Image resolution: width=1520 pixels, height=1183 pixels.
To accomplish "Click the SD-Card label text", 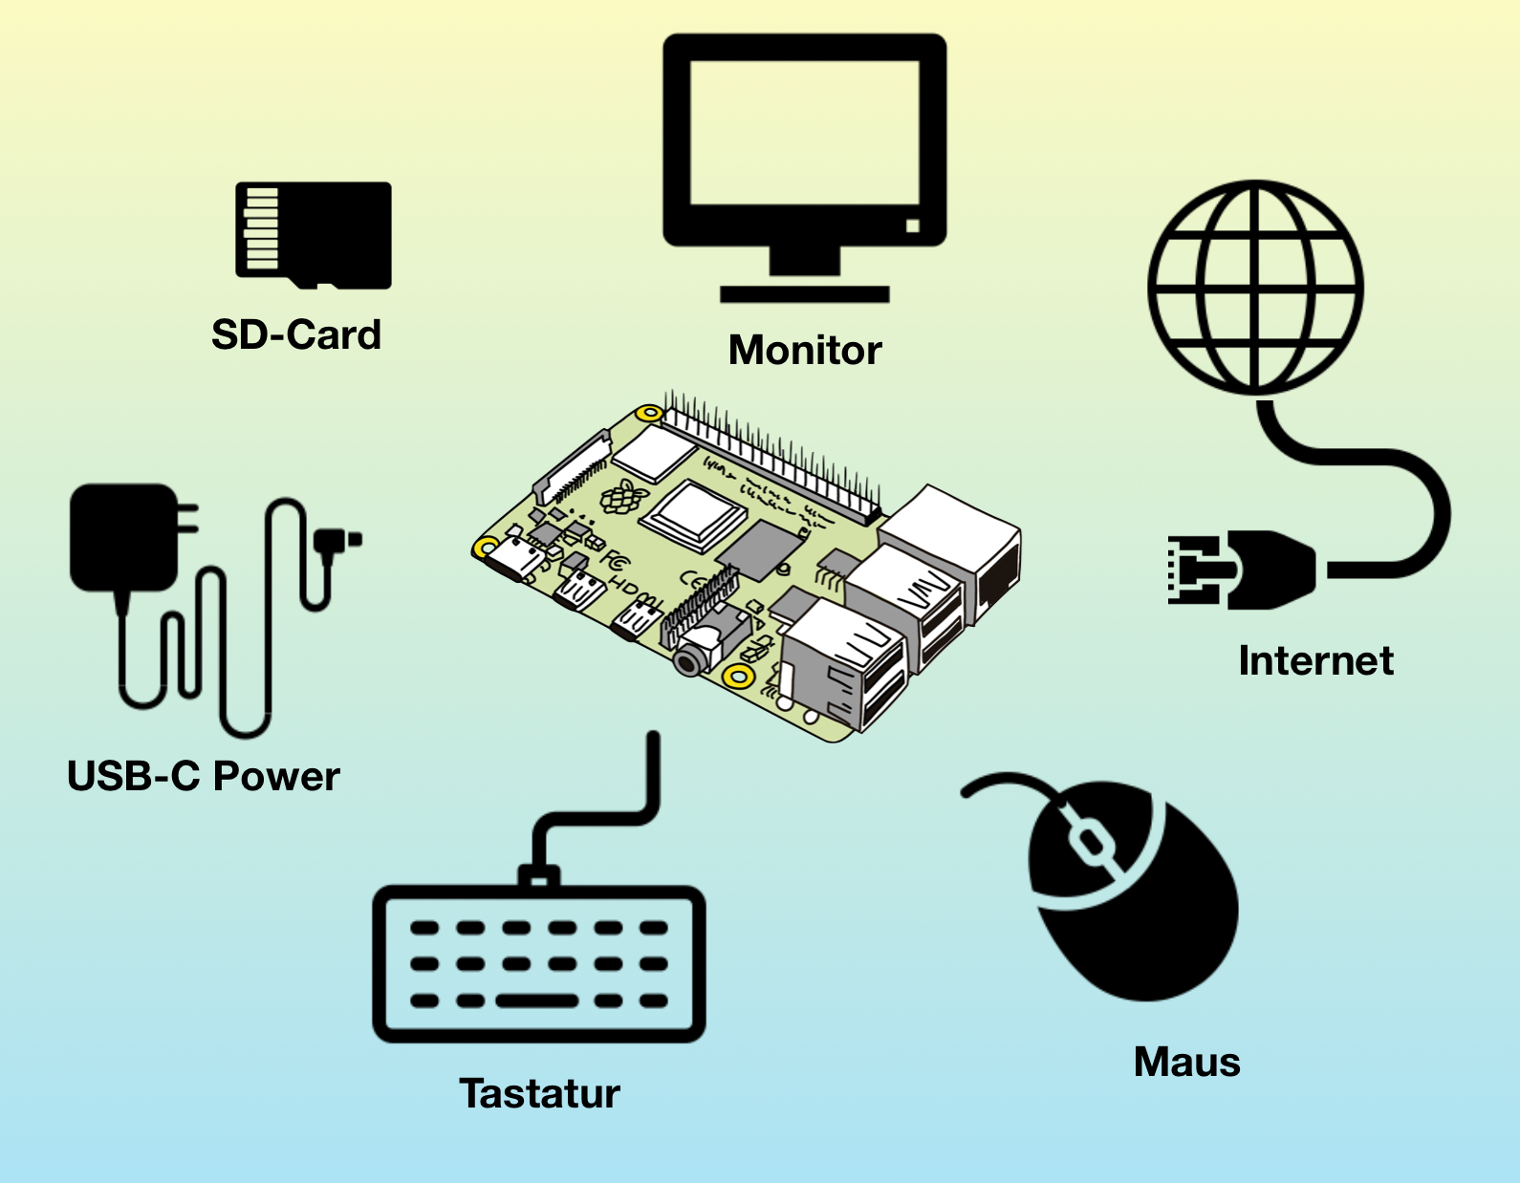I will pos(295,335).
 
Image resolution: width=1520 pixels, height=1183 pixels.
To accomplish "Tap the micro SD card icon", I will pos(314,234).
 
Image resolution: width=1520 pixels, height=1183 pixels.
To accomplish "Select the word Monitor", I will pos(805,351).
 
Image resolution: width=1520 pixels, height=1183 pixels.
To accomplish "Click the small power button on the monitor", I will pos(912,226).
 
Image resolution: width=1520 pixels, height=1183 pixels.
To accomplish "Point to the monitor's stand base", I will pos(805,294).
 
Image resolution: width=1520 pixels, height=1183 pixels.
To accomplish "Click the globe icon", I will pos(1255,287).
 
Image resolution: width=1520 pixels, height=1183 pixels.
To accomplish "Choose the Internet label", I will pos(1315,661).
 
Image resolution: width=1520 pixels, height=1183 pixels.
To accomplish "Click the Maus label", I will pos(1186,1063).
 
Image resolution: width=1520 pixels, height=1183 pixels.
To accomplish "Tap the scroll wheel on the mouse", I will pos(1088,841).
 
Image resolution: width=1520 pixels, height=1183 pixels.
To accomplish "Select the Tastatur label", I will pos(539,1094).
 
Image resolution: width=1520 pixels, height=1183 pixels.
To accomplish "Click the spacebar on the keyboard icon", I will pos(537,1001).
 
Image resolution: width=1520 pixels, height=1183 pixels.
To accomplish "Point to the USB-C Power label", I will pos(203,777).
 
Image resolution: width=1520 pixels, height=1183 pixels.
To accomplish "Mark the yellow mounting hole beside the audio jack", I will pos(737,677).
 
